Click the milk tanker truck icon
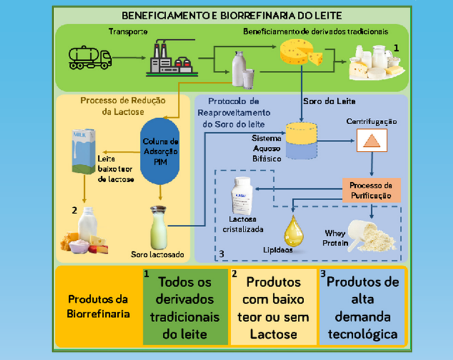tap(90, 57)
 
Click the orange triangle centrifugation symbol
tap(372, 141)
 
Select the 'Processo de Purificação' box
tap(370, 190)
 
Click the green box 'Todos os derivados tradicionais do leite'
tap(184, 308)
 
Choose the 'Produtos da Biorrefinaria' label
tap(97, 308)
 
